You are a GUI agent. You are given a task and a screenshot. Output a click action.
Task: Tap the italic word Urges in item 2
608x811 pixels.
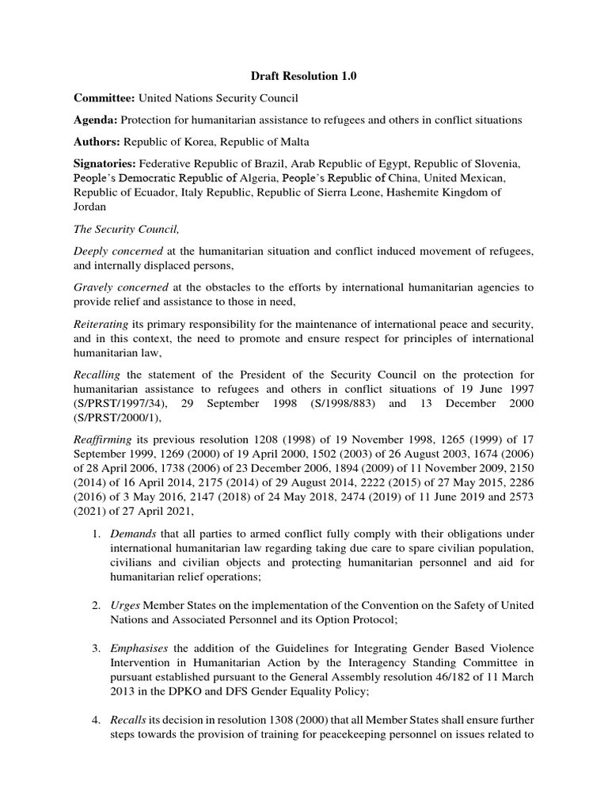tap(126, 605)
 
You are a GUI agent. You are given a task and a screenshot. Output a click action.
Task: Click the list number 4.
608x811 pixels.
tap(95, 720)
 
